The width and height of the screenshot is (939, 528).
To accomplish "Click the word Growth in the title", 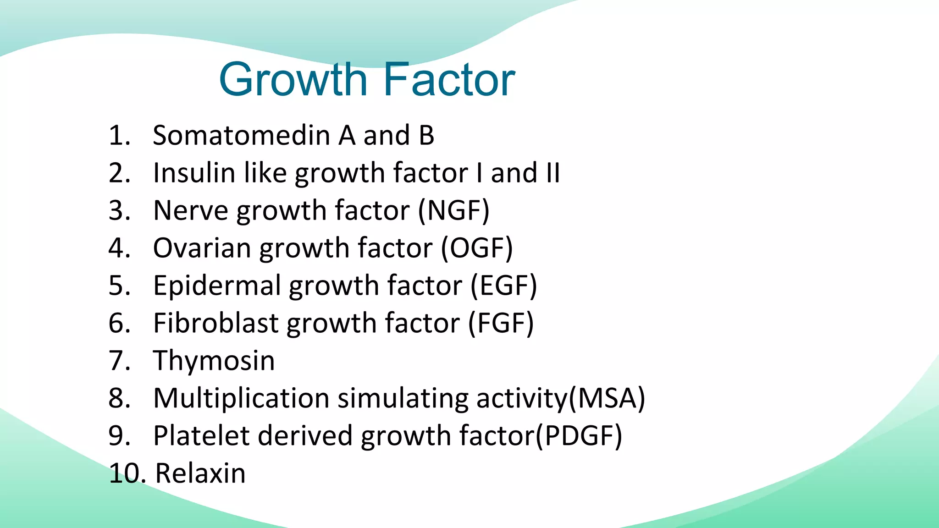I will pos(293,80).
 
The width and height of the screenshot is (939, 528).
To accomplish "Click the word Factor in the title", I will pos(449,80).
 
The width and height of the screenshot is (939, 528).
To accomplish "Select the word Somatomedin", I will pos(241,136).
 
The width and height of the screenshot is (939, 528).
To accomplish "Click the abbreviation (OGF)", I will pos(477,248).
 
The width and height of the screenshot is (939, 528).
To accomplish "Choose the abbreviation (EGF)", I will pos(504,286).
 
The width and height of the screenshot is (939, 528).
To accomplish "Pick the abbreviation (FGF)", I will pos(501,324).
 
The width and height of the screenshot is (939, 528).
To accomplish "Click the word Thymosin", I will pos(214,361).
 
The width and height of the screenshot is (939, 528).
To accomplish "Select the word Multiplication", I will pos(241,398).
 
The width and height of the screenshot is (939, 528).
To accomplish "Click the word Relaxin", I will pos(200,473).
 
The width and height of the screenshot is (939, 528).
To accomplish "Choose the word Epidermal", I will pos(217,286).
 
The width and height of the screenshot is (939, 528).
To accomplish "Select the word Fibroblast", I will pos(215,324).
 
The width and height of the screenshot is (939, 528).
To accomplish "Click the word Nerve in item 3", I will pos(190,211).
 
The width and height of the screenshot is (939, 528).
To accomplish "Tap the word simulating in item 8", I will pos(403,398).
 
